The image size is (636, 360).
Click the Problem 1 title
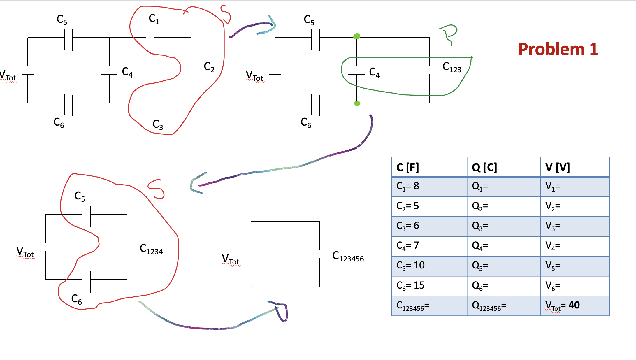(x=558, y=49)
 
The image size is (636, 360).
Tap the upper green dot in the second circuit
(x=356, y=36)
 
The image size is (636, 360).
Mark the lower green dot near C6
(x=357, y=103)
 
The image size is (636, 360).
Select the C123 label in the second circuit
(x=451, y=67)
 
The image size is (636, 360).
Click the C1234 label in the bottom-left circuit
(x=151, y=249)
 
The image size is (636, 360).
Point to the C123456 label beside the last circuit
(x=348, y=257)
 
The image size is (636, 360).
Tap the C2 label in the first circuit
(x=209, y=67)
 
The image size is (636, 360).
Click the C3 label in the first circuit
(x=158, y=124)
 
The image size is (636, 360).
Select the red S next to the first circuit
(x=226, y=14)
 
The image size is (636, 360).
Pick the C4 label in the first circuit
(x=127, y=72)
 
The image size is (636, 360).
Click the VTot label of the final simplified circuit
(x=231, y=259)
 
